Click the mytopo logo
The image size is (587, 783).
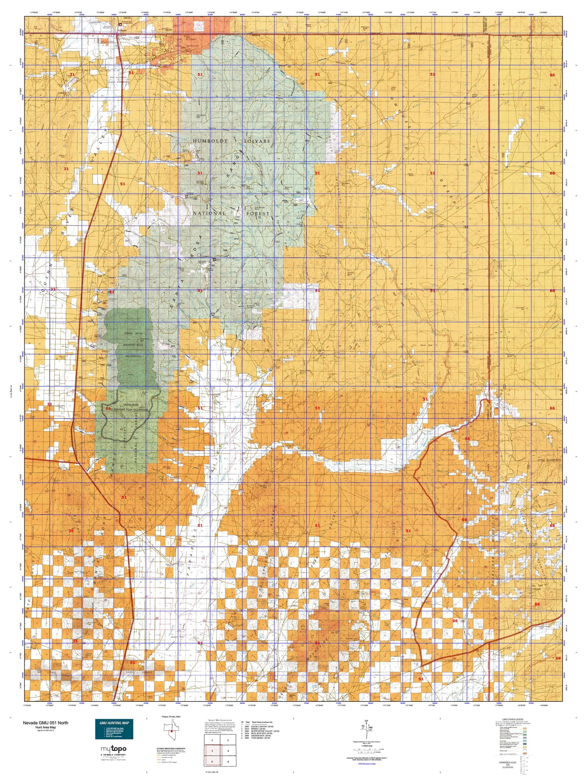coord(113,749)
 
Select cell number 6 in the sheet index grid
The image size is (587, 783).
coord(228,761)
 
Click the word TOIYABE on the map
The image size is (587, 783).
coord(257,141)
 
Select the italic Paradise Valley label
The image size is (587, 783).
coord(233,380)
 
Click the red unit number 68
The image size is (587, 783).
coord(558,658)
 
